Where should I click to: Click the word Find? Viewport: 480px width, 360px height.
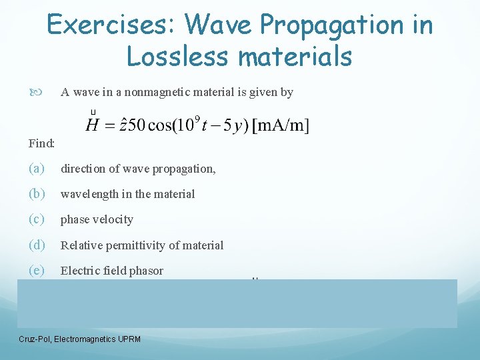point(41,143)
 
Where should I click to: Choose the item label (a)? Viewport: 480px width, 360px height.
point(37,169)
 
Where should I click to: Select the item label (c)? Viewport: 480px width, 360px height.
point(37,219)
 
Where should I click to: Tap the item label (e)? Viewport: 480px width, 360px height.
point(37,270)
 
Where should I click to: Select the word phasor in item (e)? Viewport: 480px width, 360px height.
point(146,271)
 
